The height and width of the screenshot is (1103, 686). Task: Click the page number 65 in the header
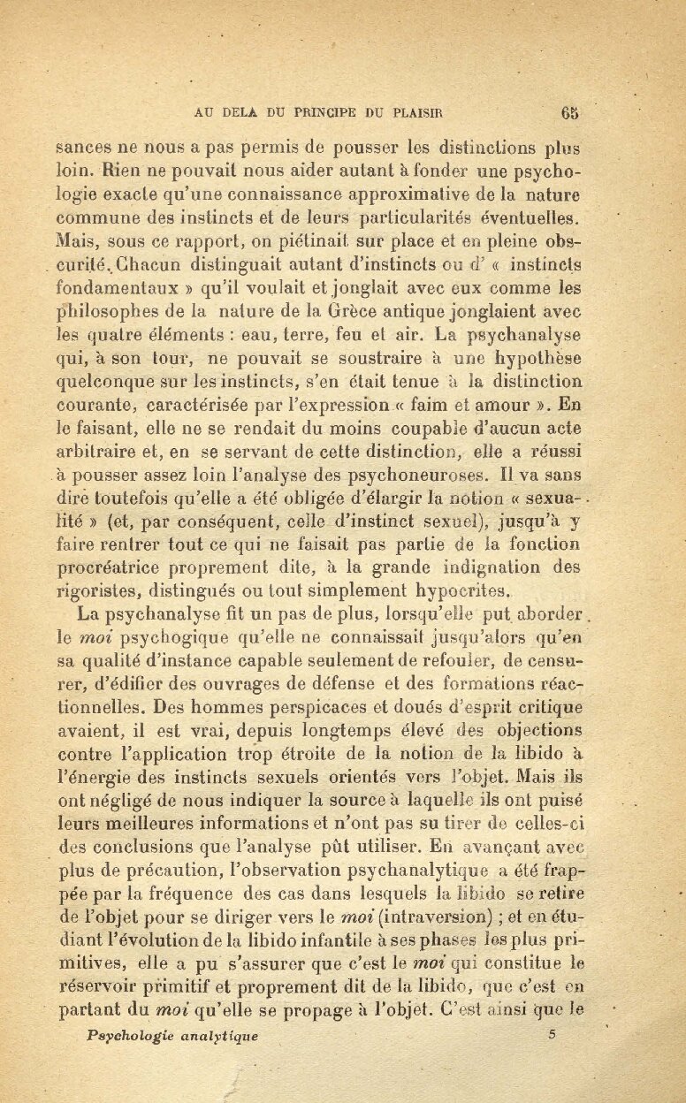[x=568, y=112]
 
